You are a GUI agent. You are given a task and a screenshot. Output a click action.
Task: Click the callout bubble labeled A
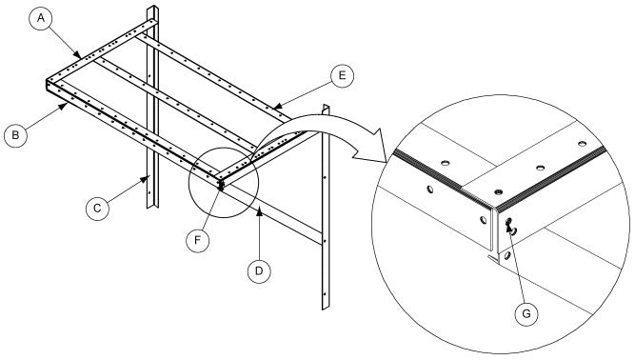[41, 18]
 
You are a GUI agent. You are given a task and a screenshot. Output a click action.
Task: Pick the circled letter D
[254, 270]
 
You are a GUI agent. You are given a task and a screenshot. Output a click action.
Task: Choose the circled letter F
[198, 238]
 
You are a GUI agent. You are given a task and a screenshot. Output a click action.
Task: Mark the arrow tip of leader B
[65, 105]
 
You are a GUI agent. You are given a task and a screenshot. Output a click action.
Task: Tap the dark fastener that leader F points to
[220, 186]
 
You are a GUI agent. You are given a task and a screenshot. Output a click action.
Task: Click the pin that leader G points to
[510, 227]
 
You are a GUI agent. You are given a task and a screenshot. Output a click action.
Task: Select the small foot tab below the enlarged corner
[492, 257]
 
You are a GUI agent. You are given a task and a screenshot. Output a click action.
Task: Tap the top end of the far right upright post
[326, 107]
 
